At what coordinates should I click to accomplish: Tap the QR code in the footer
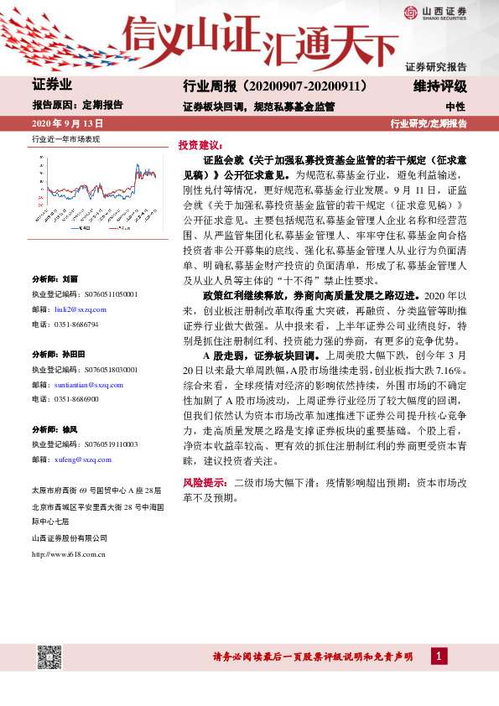pyautogui.click(x=49, y=657)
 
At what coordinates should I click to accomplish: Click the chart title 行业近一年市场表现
pyautogui.click(x=65, y=138)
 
